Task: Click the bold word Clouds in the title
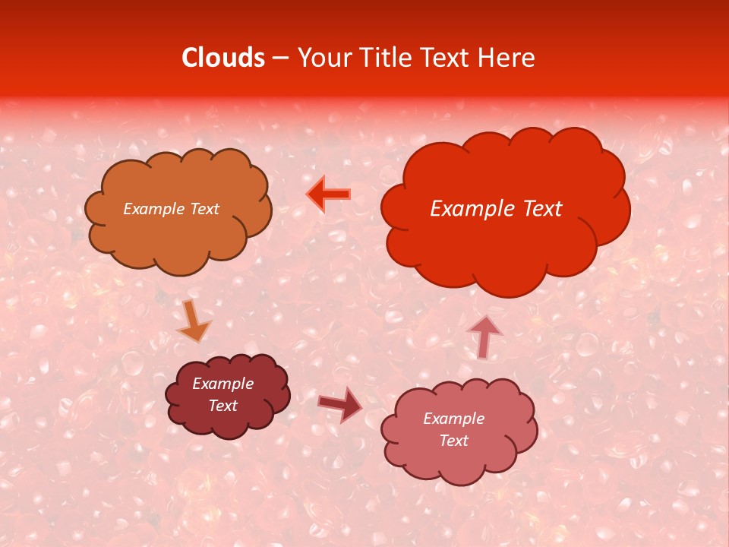pyautogui.click(x=223, y=58)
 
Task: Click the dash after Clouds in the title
pyautogui.click(x=280, y=58)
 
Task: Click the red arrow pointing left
pyautogui.click(x=329, y=194)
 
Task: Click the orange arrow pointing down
pyautogui.click(x=193, y=320)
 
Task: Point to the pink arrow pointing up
pyautogui.click(x=484, y=335)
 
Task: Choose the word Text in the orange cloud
pyautogui.click(x=204, y=209)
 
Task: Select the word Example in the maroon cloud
pyautogui.click(x=223, y=384)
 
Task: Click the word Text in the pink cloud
pyautogui.click(x=453, y=441)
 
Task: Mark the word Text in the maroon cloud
pyautogui.click(x=223, y=406)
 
